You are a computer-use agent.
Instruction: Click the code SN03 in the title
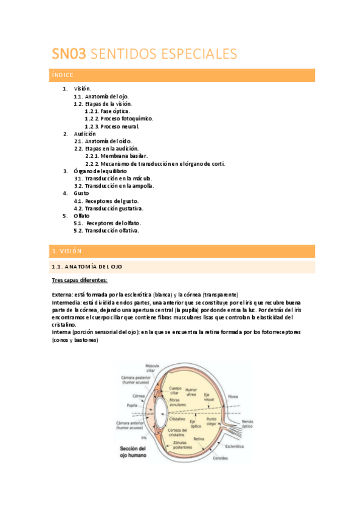pos(68,54)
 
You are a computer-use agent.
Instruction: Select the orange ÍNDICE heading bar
pos(183,75)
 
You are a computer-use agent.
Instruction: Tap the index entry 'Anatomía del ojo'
pos(106,97)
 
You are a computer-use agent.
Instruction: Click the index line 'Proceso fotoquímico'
pos(126,119)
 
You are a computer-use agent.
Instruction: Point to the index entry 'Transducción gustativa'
pos(112,208)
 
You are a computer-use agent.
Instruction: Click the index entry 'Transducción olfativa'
pos(112,231)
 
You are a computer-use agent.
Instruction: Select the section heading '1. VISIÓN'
pos(183,251)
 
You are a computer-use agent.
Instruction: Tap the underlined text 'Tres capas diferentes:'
pos(80,280)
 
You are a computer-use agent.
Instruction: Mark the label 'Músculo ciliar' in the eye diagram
pos(151,368)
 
